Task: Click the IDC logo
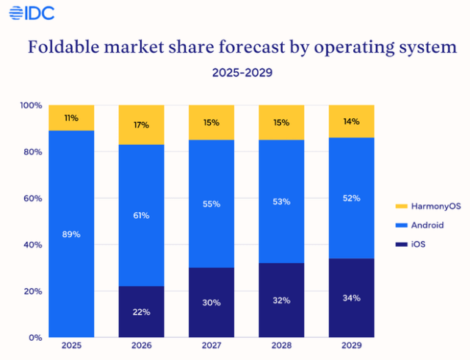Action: pos(29,12)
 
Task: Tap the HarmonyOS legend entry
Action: pos(416,206)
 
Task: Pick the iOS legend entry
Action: pos(405,244)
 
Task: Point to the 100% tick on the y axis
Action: pos(31,106)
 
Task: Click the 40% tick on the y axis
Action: pos(33,245)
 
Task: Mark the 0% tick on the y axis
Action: pos(35,337)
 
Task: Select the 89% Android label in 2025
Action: pos(71,234)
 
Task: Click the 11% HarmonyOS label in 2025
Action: pos(71,118)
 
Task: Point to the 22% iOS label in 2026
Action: pos(141,312)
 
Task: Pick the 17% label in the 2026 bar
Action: pos(141,125)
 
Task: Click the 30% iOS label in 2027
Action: pos(211,302)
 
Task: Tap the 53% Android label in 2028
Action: pos(281,201)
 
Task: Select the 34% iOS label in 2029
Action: pos(350,298)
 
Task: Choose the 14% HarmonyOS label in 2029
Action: pos(350,121)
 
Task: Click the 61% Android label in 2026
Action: pos(141,215)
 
